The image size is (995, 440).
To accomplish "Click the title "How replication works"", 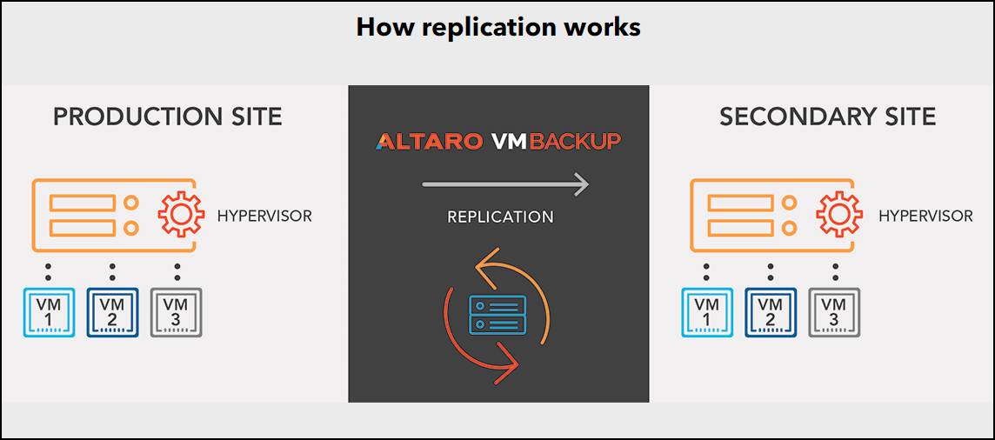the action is tap(498, 27).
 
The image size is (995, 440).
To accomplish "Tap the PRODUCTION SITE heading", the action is tap(168, 117).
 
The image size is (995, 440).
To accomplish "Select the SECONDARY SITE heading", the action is tap(827, 117).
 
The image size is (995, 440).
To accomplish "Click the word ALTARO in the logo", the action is tap(429, 141).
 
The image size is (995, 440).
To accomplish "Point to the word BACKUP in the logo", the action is tap(574, 141).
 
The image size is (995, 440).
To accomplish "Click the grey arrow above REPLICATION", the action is tap(505, 185).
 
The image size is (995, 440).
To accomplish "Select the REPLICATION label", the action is tap(500, 217).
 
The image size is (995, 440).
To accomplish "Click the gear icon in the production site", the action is tap(181, 214).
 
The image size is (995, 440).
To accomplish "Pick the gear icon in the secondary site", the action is tap(839, 214).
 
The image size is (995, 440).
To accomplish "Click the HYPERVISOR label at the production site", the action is tap(264, 217).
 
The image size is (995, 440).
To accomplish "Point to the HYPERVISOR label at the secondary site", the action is tap(925, 217).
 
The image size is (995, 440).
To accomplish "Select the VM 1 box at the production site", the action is tap(49, 312).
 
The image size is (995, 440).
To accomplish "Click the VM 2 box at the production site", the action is tap(112, 312).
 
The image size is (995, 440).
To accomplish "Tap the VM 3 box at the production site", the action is tap(177, 312).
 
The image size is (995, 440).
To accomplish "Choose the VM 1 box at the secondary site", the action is tap(707, 312).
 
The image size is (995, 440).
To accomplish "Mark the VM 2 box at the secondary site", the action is tap(771, 312).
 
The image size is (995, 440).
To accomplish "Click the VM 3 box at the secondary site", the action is tap(834, 312).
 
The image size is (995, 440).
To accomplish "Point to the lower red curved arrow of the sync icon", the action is tap(456, 348).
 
